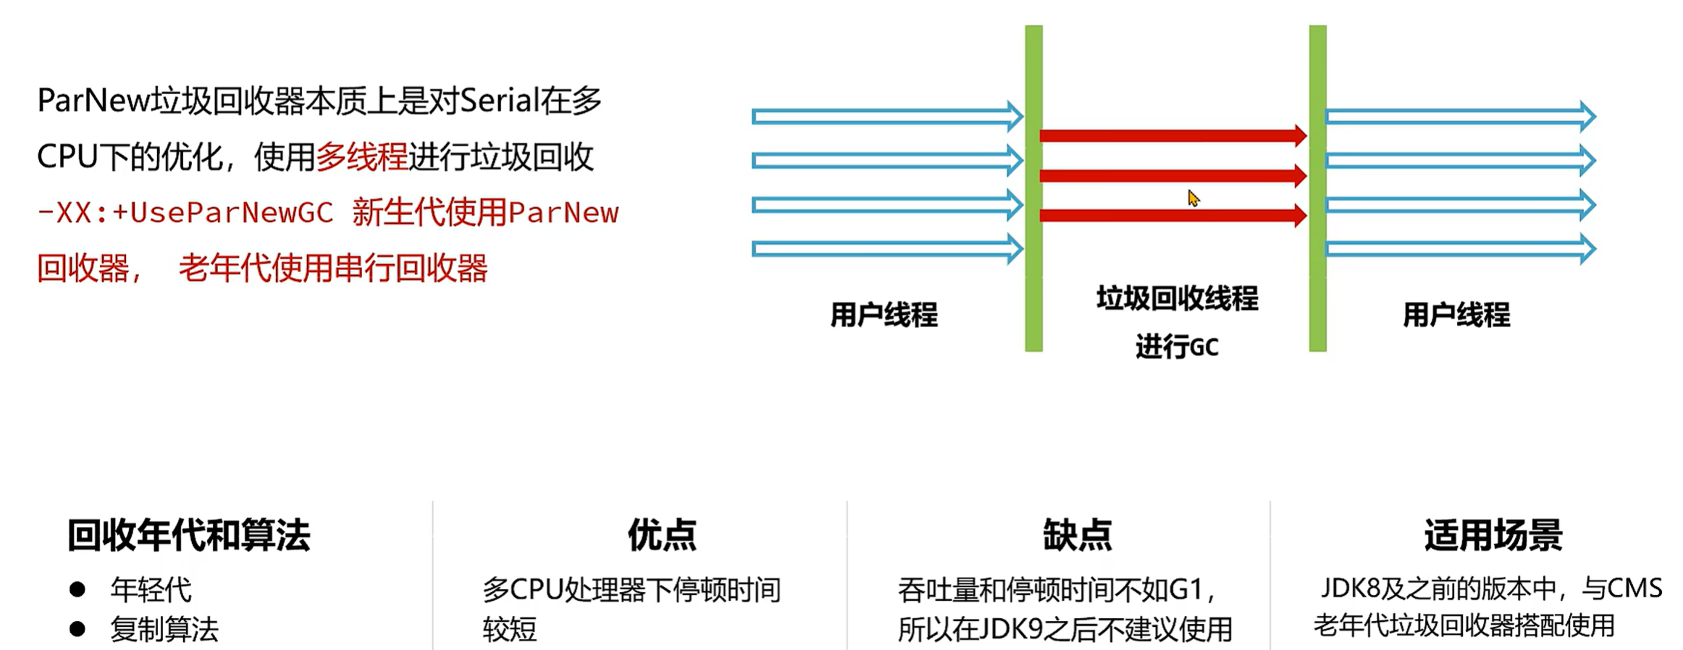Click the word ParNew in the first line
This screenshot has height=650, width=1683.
pos(93,101)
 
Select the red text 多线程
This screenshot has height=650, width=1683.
pos(361,157)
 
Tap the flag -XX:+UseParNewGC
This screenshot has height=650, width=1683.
pos(185,213)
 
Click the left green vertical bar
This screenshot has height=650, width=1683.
pos(1033,188)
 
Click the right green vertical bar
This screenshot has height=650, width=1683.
pos(1317,188)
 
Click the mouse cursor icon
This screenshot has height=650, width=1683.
pos(1193,198)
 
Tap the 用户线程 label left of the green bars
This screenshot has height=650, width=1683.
pos(884,315)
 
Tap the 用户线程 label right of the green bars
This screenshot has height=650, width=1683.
pos(1456,315)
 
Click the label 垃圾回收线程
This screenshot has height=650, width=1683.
pos(1177,298)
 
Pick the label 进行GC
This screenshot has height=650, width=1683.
pos(1177,347)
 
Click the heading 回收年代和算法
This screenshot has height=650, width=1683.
pos(188,536)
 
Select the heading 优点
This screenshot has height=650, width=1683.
pos(662,536)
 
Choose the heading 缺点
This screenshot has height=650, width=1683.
pos(1077,536)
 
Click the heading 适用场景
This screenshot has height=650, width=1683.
pos(1493,536)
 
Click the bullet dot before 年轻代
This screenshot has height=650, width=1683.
pos(77,590)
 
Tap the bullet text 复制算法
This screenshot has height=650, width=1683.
pos(164,629)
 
